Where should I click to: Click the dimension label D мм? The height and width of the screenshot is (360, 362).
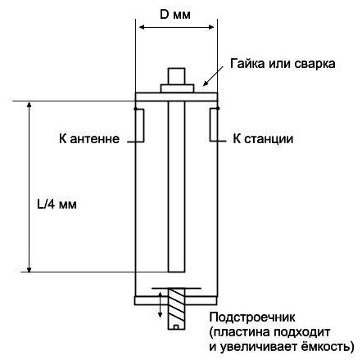click(175, 15)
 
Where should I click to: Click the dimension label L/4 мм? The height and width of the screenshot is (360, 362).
click(57, 204)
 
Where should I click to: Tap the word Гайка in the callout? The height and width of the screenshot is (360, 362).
click(247, 64)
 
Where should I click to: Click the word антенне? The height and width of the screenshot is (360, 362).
click(95, 139)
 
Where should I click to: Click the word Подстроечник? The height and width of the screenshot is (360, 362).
click(252, 317)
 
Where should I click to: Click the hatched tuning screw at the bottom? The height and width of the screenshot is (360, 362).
click(176, 308)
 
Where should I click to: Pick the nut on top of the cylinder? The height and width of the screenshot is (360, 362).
click(177, 88)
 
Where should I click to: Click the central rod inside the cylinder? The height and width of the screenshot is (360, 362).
click(176, 187)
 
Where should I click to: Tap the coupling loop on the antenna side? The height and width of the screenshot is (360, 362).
click(139, 125)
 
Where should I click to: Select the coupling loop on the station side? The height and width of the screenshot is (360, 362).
click(214, 125)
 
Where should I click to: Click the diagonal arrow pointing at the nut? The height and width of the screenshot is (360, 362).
click(213, 76)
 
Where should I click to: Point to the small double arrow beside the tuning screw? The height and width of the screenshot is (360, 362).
click(161, 304)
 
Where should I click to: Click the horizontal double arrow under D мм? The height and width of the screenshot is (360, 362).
click(177, 27)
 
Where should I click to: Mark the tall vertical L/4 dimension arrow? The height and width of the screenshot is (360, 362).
click(29, 187)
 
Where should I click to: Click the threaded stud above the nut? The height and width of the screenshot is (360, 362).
click(176, 76)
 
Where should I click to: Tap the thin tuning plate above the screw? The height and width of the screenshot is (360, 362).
click(176, 288)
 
